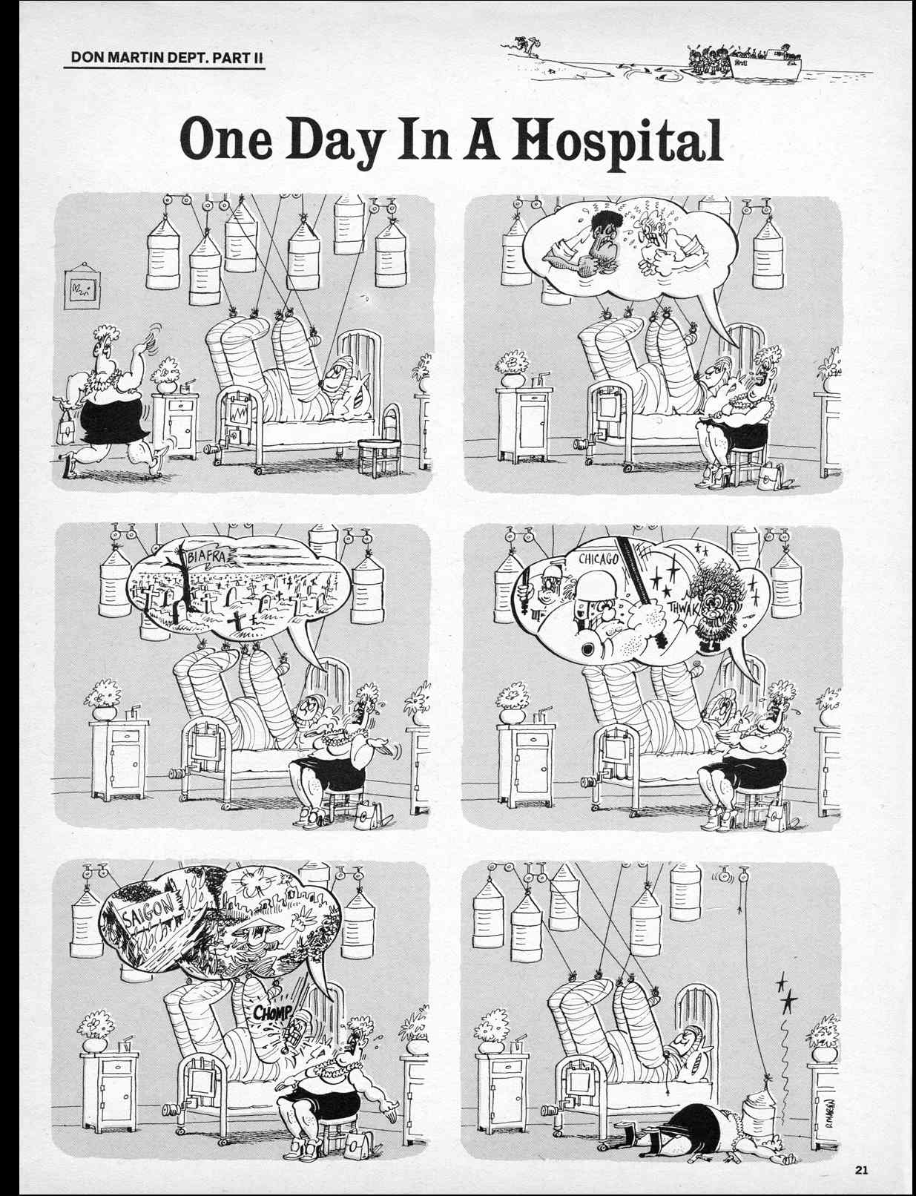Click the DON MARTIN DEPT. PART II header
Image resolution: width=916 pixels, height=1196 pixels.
click(x=164, y=59)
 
